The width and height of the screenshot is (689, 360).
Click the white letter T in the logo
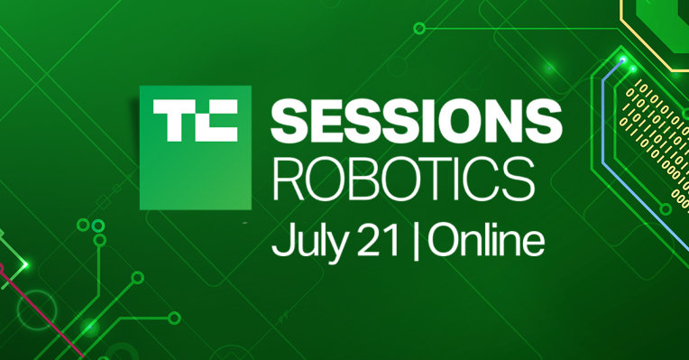171,122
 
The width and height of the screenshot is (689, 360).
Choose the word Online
485,239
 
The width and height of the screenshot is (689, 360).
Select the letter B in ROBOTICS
363,177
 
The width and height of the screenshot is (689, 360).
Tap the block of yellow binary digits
658,126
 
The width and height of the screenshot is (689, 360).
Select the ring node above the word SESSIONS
418,28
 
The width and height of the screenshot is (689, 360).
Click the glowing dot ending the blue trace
621,60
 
